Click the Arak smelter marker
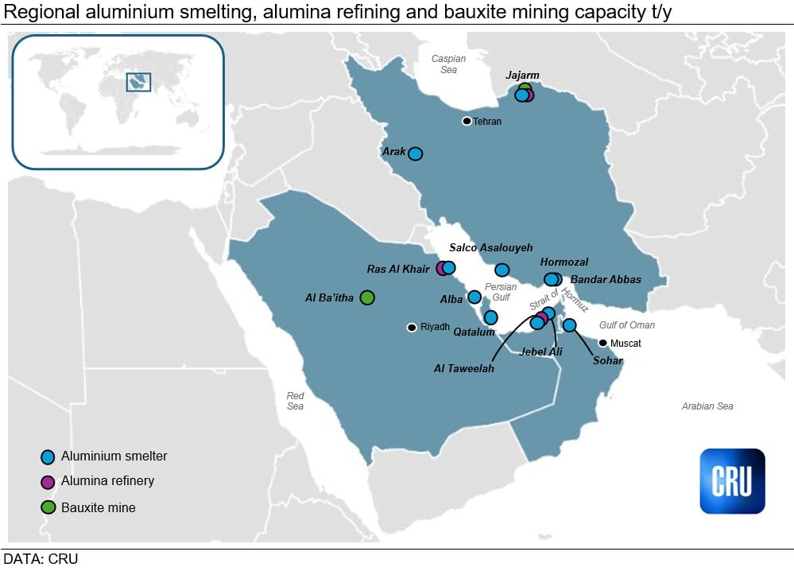coord(415,153)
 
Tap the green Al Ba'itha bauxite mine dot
coord(366,297)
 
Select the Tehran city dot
coord(467,121)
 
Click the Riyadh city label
coord(435,327)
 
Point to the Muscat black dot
coord(602,343)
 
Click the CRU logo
coord(732,481)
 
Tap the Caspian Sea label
coord(448,64)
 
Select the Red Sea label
coord(296,401)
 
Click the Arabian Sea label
coord(707,406)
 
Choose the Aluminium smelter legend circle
coord(48,457)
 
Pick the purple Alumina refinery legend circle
coord(48,482)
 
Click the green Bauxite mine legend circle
coord(48,507)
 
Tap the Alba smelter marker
coord(474,297)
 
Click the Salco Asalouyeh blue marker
coord(502,270)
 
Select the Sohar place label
coord(606,360)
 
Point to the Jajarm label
coord(522,76)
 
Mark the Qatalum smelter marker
coord(490,317)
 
